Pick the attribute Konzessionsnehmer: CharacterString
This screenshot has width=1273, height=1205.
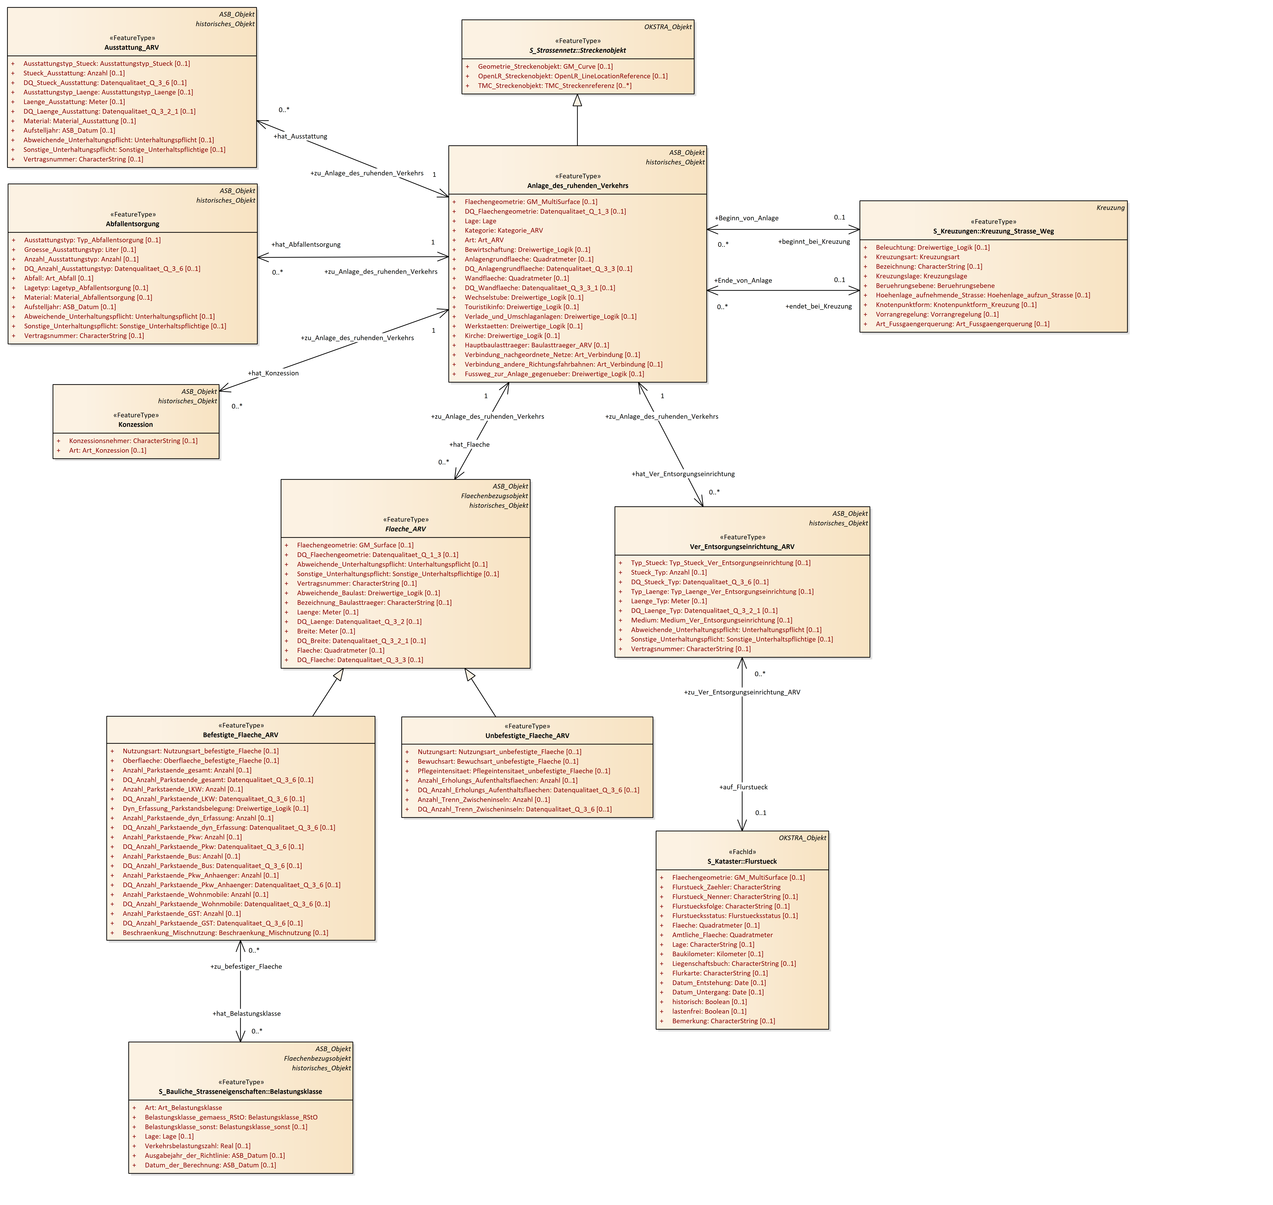coord(133,441)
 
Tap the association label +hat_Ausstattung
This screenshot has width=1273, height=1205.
coord(300,136)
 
